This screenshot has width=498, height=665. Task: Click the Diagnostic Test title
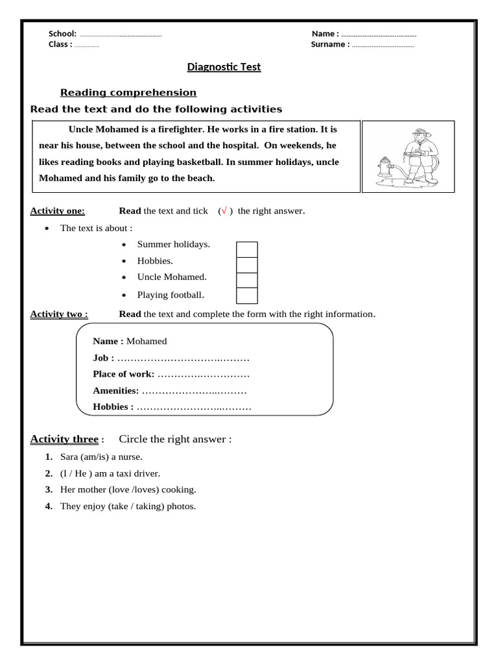click(224, 67)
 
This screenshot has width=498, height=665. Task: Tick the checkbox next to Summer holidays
click(246, 249)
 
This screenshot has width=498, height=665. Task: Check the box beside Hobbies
click(246, 265)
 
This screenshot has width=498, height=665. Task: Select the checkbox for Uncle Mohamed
click(246, 281)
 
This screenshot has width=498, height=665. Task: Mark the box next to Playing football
click(246, 296)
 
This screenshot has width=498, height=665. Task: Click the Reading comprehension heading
click(128, 93)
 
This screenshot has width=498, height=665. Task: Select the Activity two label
click(59, 314)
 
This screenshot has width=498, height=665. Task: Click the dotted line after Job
click(184, 358)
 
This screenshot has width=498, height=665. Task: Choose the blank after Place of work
click(203, 375)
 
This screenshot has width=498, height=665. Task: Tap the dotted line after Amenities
click(194, 391)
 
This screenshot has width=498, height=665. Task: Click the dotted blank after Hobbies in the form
click(194, 408)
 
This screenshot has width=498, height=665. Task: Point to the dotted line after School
click(121, 34)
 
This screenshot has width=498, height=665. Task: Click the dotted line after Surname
click(383, 45)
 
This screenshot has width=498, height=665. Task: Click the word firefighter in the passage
click(179, 129)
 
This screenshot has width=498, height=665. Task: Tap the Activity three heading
click(64, 440)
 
